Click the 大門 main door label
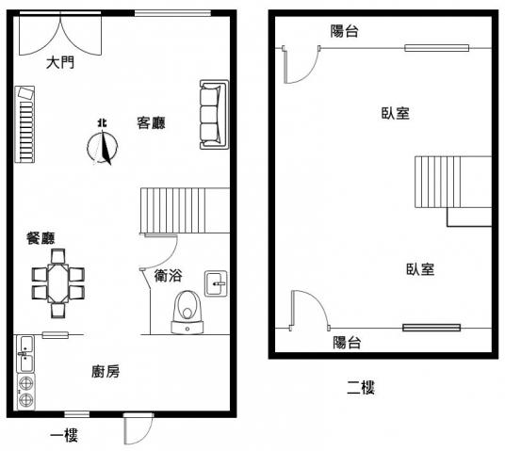pyautogui.click(x=60, y=62)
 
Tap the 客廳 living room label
pyautogui.click(x=151, y=122)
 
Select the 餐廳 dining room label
pyautogui.click(x=41, y=238)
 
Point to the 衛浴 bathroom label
pyautogui.click(x=168, y=276)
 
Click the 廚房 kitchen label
pyautogui.click(x=106, y=372)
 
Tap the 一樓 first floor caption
pyautogui.click(x=64, y=435)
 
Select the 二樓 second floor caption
pyautogui.click(x=361, y=387)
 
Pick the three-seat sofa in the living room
pyautogui.click(x=214, y=115)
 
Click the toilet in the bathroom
pyautogui.click(x=187, y=312)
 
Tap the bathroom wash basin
pyautogui.click(x=216, y=283)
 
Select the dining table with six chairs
pyautogui.click(x=58, y=283)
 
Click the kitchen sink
pyautogui.click(x=25, y=354)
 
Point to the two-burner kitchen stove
pyautogui.click(x=25, y=392)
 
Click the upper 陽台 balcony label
pyautogui.click(x=344, y=31)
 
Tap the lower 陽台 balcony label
pyautogui.click(x=347, y=342)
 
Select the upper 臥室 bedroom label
pyautogui.click(x=395, y=113)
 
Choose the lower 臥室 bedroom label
pyautogui.click(x=420, y=269)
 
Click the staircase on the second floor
pyautogui.click(x=453, y=183)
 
